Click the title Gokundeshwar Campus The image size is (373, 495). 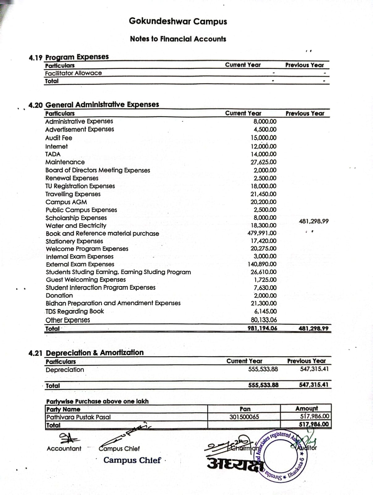coord(178,21)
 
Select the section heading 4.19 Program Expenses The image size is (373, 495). coord(69,57)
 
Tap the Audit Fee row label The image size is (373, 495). coord(59,138)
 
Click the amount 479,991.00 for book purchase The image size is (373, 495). coord(262,233)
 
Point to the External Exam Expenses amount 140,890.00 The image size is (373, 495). coord(262,264)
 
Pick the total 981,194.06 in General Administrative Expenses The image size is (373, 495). coord(262,328)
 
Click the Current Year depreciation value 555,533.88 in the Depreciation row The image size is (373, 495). coord(263,369)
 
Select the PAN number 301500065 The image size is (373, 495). coord(244,417)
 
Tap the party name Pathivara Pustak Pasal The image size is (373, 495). coord(78,417)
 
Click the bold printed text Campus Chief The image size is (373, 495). coord(132,460)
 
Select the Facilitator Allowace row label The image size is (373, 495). coord(73,73)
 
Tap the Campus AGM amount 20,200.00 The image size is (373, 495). coord(263,202)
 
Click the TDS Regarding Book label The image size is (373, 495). coord(75,311)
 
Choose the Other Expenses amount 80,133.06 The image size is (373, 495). coord(264,320)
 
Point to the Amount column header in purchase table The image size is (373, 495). coord(306,409)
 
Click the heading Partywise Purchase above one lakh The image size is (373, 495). coord(97,401)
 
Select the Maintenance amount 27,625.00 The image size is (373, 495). coord(263,162)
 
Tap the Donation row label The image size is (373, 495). coord(59,295)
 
